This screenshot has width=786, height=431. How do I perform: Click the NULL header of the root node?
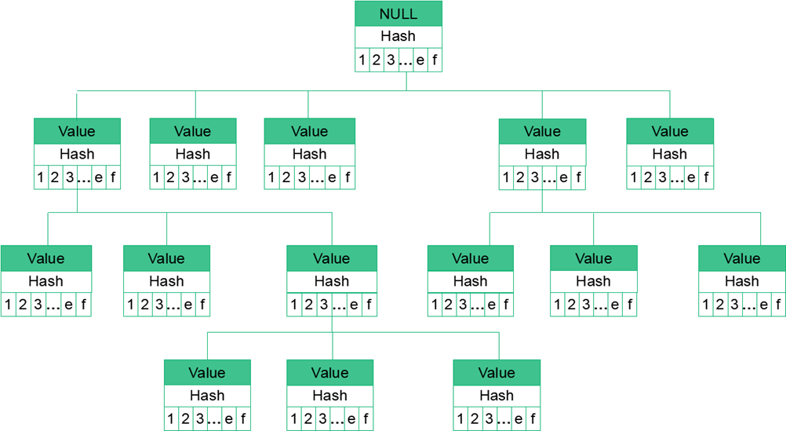398,14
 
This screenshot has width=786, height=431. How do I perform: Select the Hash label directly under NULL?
398,36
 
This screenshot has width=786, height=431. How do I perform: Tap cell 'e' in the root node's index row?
420,60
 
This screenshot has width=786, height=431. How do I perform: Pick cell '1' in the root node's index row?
362,60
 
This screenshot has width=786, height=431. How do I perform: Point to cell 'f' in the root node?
435,60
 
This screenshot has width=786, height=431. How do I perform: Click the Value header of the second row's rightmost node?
669,131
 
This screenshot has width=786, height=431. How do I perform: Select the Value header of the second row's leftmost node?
77,131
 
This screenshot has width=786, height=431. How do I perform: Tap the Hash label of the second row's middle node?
309,154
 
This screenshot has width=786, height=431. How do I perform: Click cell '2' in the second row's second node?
170,177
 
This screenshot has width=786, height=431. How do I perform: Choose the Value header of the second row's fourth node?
542,131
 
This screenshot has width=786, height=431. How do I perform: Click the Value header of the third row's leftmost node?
45,258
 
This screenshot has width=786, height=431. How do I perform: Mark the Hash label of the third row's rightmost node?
741,281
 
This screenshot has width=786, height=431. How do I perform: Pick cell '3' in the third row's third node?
323,305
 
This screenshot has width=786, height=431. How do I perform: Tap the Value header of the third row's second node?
166,258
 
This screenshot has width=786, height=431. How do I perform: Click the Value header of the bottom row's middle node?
329,373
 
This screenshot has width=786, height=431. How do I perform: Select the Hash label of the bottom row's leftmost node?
207,396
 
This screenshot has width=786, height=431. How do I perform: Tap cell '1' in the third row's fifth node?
558,305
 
